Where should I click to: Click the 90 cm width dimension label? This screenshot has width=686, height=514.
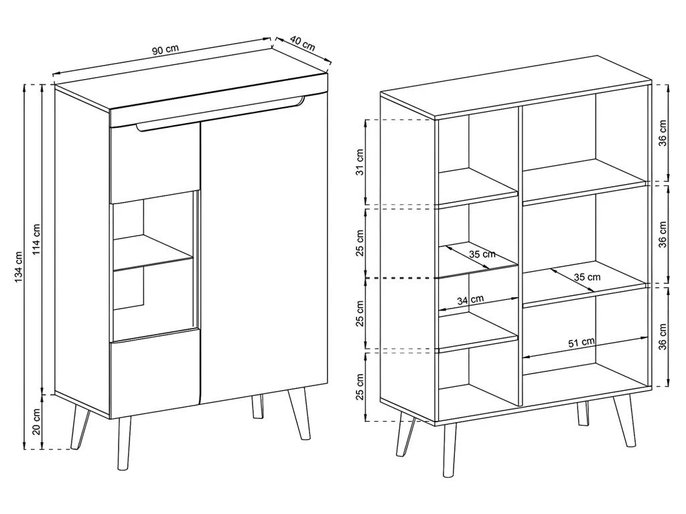click(165, 50)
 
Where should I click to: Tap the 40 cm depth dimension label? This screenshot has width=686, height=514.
click(302, 44)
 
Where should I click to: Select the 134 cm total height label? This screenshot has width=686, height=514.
click(19, 266)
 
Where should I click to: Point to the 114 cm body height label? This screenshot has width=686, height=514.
click(37, 240)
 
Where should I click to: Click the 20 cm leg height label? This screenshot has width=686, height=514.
click(37, 422)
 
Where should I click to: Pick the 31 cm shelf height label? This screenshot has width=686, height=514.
click(360, 162)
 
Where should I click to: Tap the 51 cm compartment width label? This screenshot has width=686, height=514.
click(581, 342)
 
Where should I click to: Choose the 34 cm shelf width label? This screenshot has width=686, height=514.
click(470, 300)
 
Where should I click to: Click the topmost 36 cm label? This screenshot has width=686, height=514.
click(663, 133)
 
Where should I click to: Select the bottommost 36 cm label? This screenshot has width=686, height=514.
click(663, 337)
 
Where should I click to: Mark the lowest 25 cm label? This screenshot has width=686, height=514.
click(360, 386)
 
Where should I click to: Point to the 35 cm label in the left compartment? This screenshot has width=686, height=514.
click(482, 254)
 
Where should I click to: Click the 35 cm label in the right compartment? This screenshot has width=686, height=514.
click(587, 277)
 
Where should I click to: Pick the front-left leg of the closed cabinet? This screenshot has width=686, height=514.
click(124, 443)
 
